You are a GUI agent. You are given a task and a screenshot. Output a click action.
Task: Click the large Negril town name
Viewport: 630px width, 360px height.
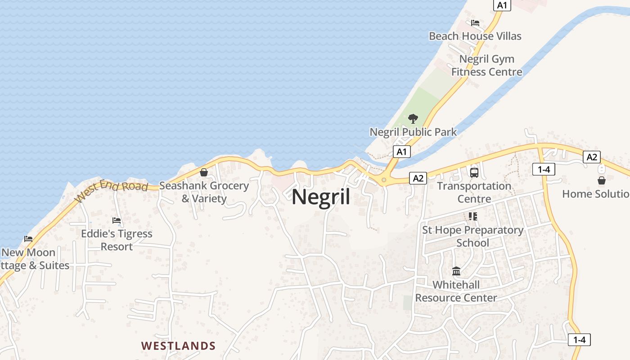point(321,197)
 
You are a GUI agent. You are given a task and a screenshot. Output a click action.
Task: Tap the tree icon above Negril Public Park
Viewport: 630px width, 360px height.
point(413,119)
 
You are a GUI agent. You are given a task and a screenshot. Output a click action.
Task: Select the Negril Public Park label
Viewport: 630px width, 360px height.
point(413,132)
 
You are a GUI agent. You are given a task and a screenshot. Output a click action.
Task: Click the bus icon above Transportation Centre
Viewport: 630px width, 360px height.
point(474,172)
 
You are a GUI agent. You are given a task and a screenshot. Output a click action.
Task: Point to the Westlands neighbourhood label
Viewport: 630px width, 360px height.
point(178,346)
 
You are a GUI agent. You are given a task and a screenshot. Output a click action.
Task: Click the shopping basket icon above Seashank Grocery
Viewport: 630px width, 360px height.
point(204,172)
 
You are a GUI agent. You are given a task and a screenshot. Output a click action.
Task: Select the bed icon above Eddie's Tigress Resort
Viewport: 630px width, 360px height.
point(117,220)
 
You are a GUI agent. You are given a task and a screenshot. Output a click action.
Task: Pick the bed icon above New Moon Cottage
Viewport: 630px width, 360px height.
point(28,239)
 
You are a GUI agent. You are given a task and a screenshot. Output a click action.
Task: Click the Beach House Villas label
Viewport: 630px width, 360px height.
point(475,36)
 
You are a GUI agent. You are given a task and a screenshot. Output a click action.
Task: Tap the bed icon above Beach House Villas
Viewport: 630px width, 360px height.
point(475,23)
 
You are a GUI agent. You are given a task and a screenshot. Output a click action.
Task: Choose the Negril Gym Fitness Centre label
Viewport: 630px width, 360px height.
point(486,65)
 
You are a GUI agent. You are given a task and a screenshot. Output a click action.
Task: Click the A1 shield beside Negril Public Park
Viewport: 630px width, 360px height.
point(401,152)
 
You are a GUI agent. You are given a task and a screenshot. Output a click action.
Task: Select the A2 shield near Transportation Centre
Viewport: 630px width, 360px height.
point(418,178)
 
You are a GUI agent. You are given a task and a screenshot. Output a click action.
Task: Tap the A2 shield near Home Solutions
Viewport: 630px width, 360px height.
point(591,157)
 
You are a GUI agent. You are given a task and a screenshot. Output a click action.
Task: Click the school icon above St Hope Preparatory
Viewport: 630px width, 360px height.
point(472,216)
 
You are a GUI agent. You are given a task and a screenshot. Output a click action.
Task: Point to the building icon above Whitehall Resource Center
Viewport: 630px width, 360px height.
point(456,271)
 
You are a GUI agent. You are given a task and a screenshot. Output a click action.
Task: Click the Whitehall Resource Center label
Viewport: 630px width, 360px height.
point(456,291)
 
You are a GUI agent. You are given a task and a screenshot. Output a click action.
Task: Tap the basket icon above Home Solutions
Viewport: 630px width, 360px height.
point(601,180)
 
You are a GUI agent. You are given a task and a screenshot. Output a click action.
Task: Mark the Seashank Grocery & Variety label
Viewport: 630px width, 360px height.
point(204,192)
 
